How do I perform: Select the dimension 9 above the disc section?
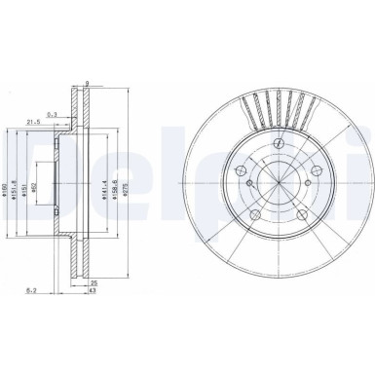[87, 83]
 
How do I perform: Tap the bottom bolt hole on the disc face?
[255, 215]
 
